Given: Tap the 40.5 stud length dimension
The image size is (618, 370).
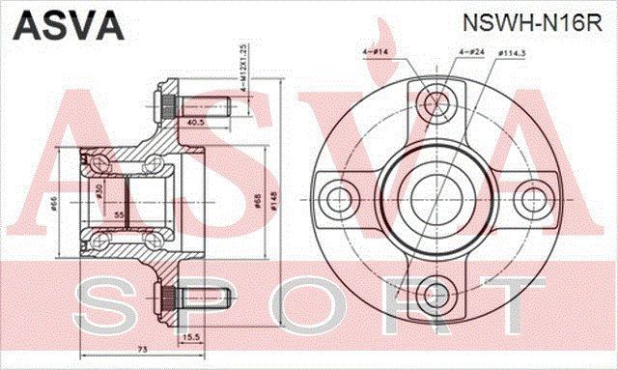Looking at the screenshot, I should pos(195,122).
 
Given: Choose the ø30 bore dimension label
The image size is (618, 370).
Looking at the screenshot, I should pos(99,189).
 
